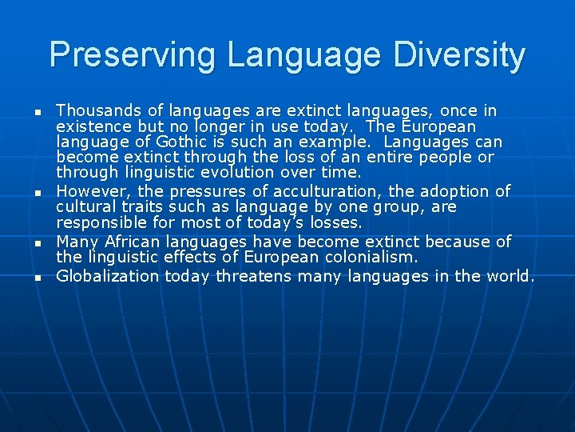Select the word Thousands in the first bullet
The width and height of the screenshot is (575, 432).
coord(95,110)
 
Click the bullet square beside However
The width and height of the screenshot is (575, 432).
coord(37,193)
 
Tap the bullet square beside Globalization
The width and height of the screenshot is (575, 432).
coord(37,278)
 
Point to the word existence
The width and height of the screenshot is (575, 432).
coord(94,126)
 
